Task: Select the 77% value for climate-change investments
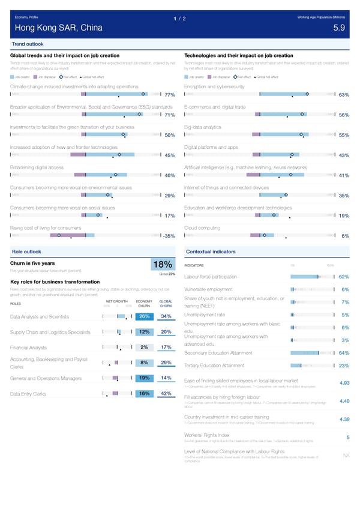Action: tap(169, 95)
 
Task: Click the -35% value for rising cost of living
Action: tap(168, 236)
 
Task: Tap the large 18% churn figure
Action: tap(163, 265)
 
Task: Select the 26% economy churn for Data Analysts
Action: tap(144, 316)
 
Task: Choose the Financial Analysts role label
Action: tap(29, 348)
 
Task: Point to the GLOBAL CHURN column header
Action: tap(166, 303)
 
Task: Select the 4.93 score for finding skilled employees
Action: tap(344, 384)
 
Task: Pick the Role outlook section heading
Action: tap(26, 251)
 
